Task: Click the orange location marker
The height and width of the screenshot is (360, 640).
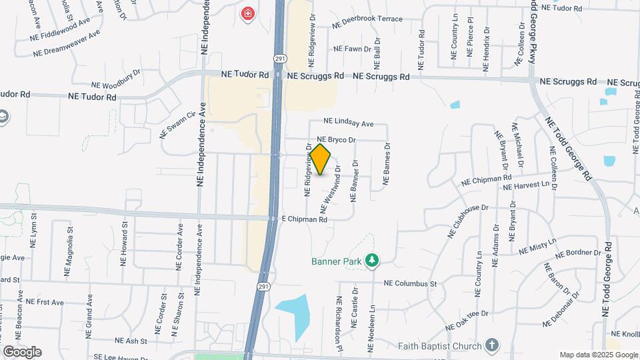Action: [x=321, y=159]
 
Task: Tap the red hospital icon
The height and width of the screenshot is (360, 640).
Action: [x=248, y=13]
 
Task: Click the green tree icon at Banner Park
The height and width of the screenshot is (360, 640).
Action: [x=374, y=261]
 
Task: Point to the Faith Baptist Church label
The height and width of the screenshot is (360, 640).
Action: [x=439, y=346]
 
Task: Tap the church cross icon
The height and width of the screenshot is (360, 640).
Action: [x=492, y=345]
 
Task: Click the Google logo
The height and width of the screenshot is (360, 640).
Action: [x=22, y=351]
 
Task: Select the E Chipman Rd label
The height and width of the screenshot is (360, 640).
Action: [x=304, y=219]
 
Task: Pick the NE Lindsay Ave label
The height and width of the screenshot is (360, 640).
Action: [x=348, y=123]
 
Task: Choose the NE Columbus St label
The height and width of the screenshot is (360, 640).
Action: [x=410, y=283]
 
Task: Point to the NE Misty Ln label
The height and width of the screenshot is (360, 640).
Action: [x=537, y=245]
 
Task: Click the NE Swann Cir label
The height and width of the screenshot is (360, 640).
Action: [x=176, y=125]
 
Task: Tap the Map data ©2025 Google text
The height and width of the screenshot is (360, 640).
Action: [x=599, y=355]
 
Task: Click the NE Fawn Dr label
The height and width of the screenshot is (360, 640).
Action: [x=352, y=49]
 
